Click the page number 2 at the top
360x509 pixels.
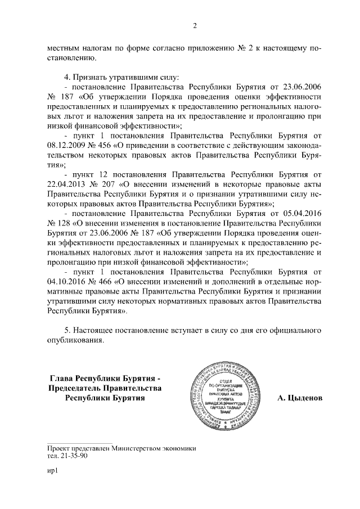tap(194, 25)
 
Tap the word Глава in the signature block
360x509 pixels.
tap(63, 377)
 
